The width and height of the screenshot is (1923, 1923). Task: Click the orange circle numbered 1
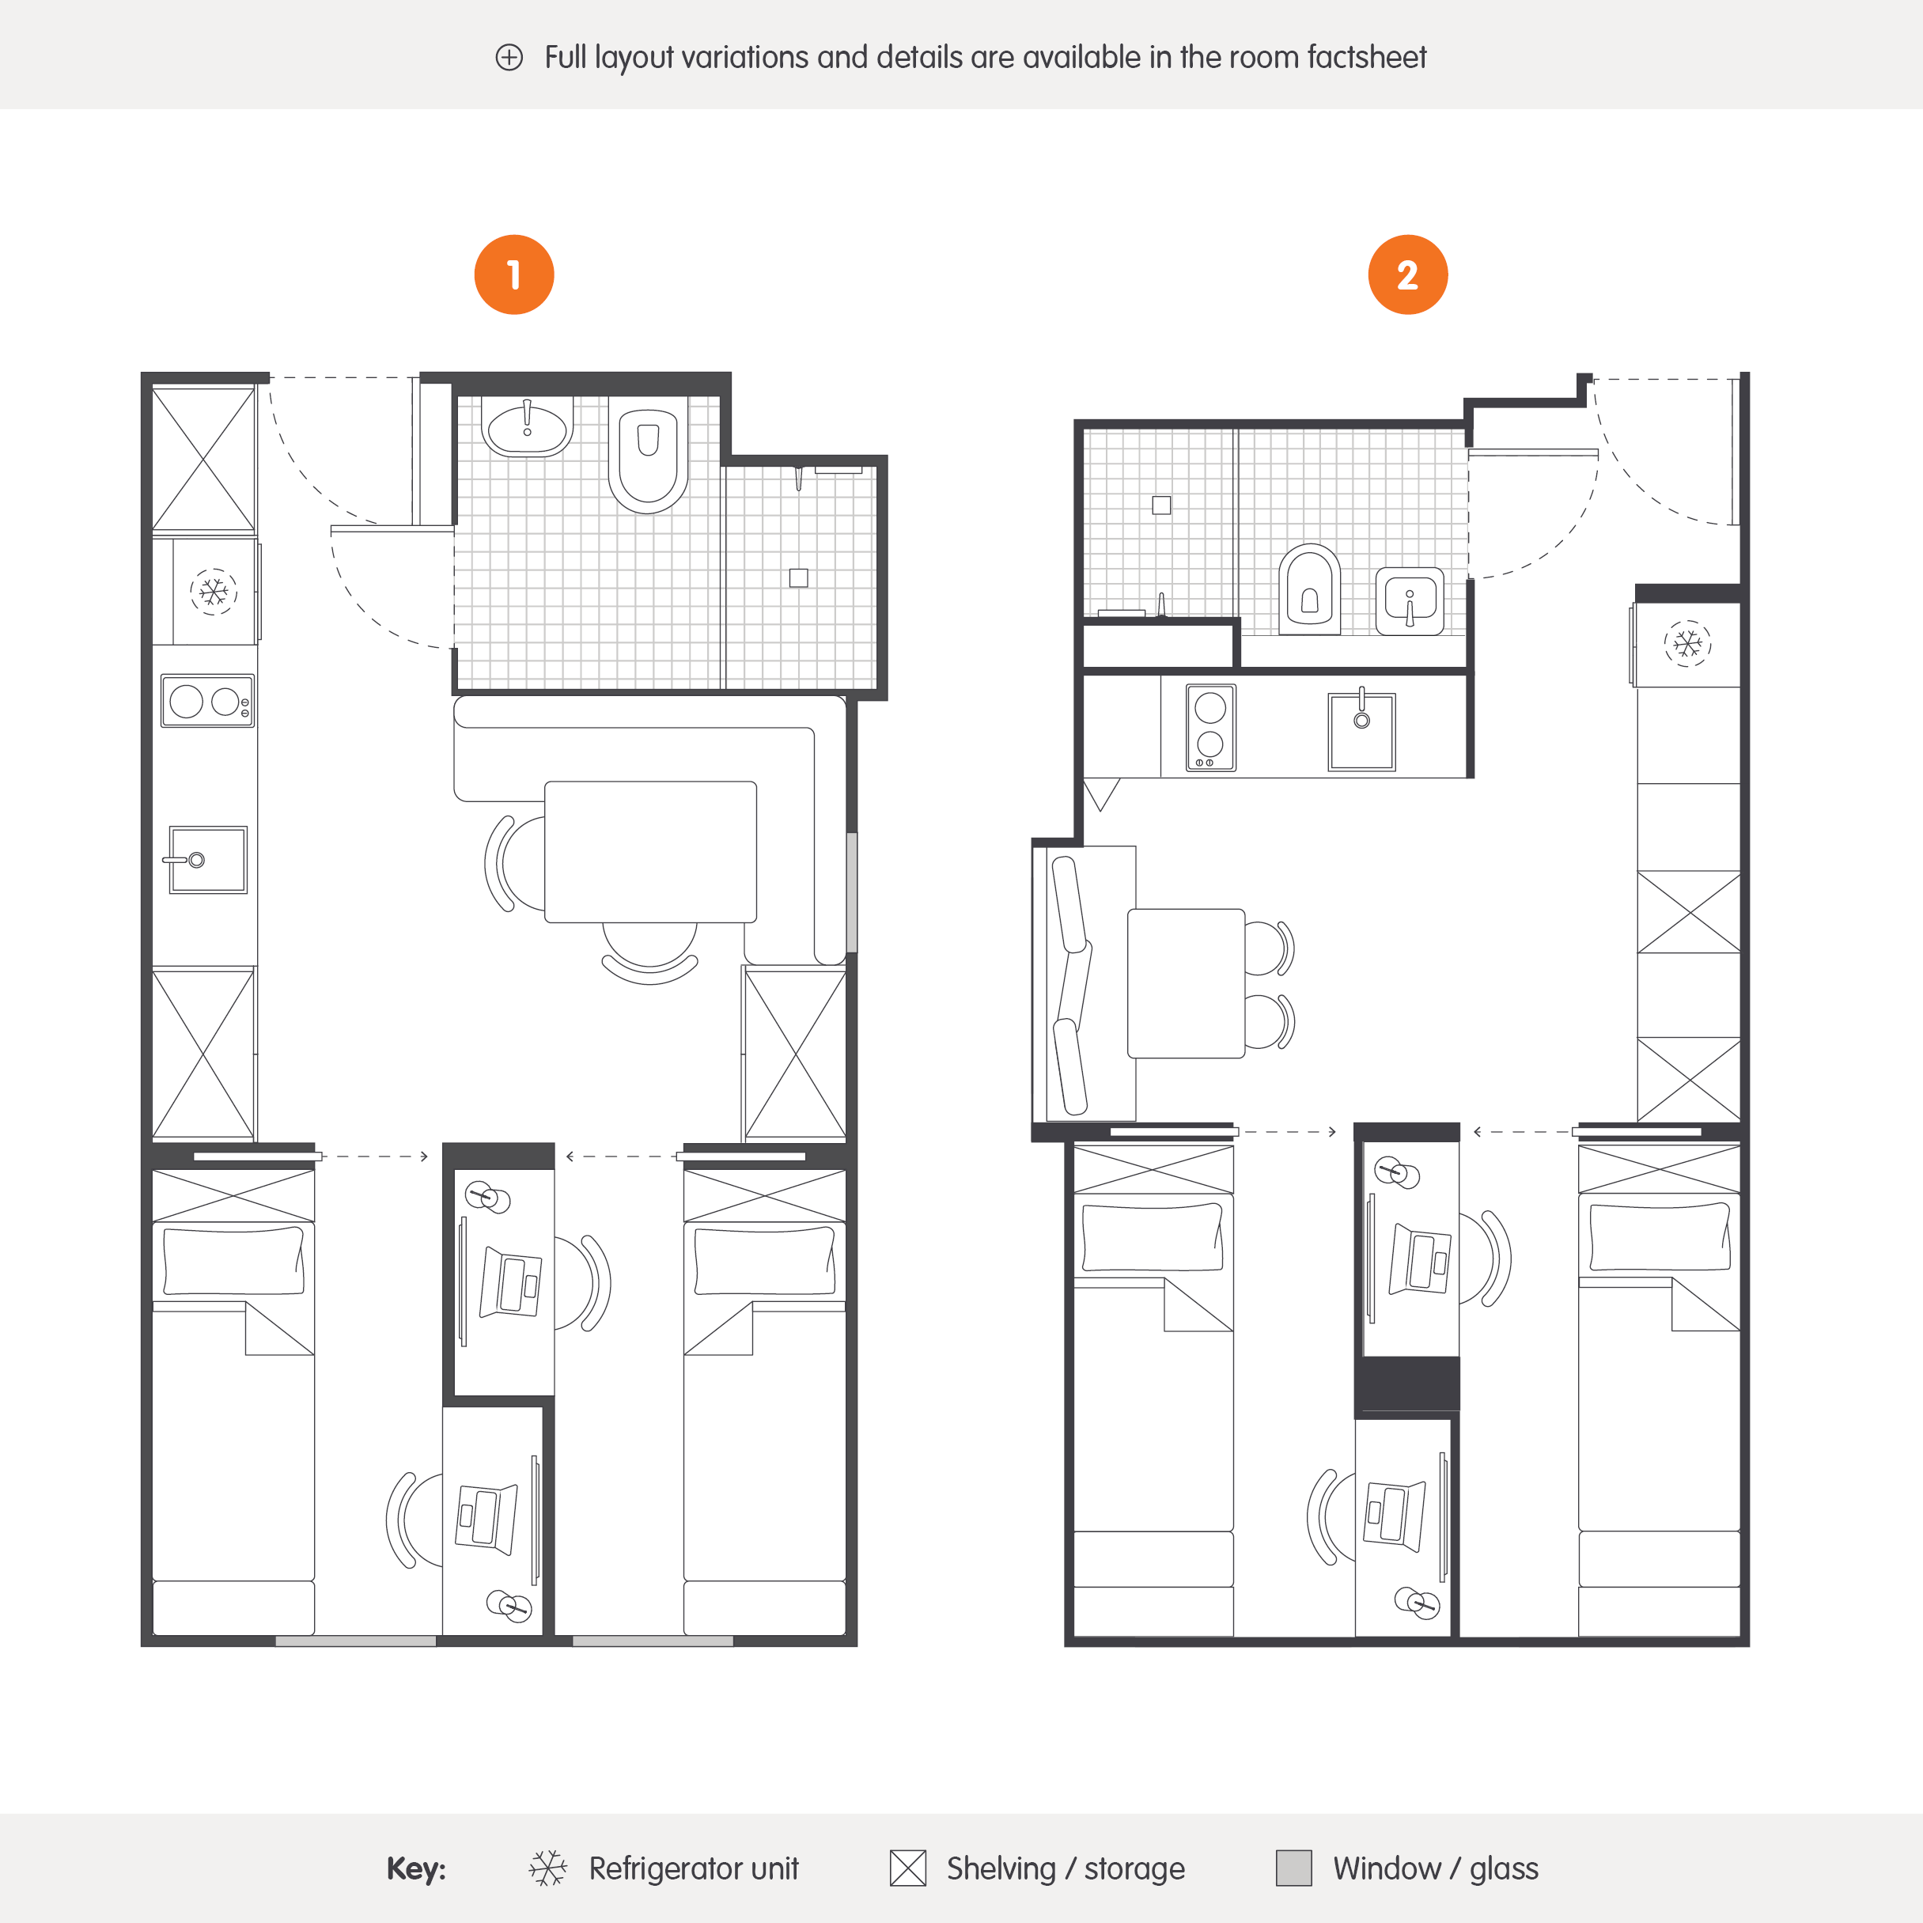pyautogui.click(x=513, y=274)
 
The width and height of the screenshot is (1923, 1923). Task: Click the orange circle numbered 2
pyautogui.click(x=1407, y=274)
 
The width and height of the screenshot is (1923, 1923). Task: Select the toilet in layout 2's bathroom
pyautogui.click(x=1309, y=589)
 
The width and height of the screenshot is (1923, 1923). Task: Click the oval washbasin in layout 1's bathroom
pyautogui.click(x=527, y=429)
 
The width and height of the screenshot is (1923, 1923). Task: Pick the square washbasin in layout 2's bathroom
pyautogui.click(x=1410, y=600)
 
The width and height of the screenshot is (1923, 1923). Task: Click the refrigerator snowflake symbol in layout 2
pyautogui.click(x=1687, y=644)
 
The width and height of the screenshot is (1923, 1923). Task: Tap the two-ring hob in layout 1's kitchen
pyautogui.click(x=207, y=702)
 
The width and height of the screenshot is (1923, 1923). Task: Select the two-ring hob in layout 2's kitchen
pyautogui.click(x=1210, y=728)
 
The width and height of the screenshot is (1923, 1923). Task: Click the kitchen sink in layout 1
pyautogui.click(x=207, y=859)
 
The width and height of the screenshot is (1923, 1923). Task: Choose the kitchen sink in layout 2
pyautogui.click(x=1361, y=732)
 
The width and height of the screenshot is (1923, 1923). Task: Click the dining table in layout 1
pyautogui.click(x=650, y=851)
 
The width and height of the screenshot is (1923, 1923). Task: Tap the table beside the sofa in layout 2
pyautogui.click(x=1186, y=982)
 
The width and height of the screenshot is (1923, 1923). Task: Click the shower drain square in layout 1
pyautogui.click(x=798, y=577)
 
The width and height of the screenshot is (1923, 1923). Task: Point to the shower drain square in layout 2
pyautogui.click(x=1160, y=505)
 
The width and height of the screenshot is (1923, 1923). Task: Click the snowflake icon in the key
pyautogui.click(x=547, y=1868)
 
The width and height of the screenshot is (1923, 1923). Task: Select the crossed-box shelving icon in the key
pyautogui.click(x=907, y=1868)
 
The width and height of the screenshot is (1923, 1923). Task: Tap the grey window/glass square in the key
pyautogui.click(x=1293, y=1868)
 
